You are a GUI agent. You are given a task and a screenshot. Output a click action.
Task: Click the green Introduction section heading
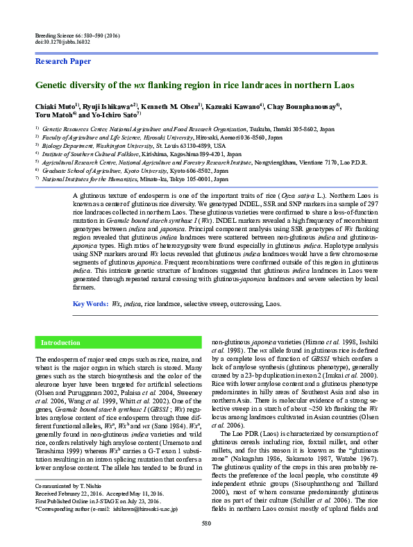click(60, 343)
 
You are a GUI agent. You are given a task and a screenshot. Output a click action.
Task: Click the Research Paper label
click(63, 62)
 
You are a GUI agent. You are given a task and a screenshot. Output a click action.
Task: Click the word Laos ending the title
click(343, 85)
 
